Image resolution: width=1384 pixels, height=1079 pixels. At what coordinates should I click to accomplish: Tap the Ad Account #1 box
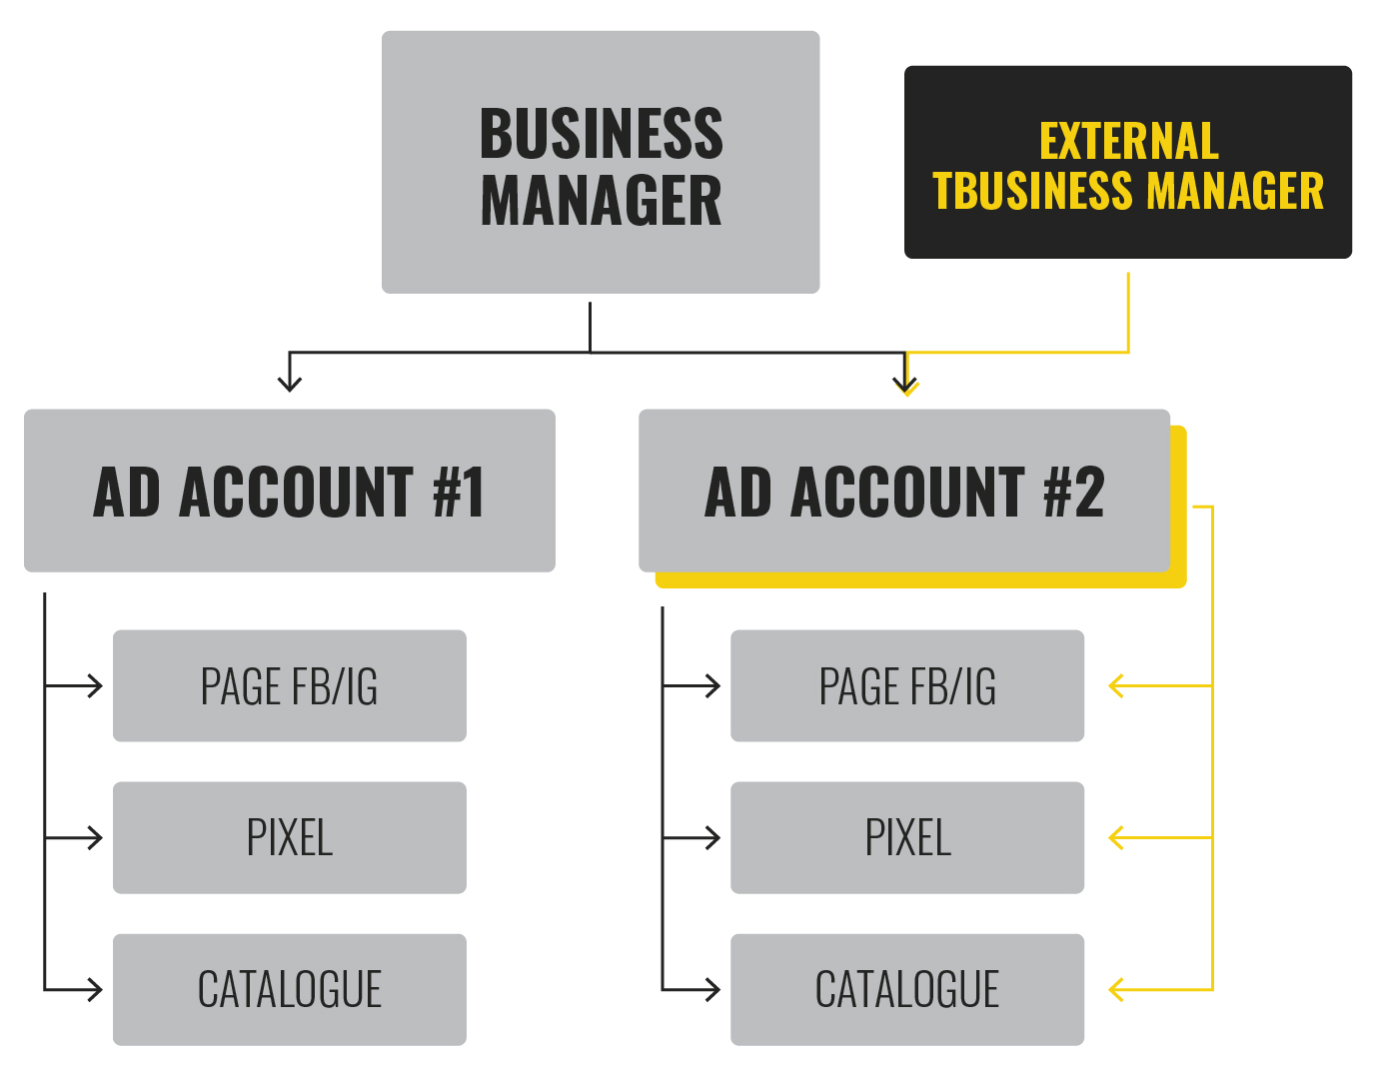(290, 491)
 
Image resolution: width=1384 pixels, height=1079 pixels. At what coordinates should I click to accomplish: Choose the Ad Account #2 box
(904, 491)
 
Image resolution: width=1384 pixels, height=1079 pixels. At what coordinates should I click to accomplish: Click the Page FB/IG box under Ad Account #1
(290, 686)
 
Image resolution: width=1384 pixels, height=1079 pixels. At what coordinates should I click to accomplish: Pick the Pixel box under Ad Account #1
(290, 838)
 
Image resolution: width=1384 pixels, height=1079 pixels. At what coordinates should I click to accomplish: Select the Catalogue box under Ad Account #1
(290, 990)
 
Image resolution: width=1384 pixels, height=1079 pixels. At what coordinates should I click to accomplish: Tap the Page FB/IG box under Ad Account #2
(907, 686)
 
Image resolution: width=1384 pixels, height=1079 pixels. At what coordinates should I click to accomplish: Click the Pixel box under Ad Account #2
(907, 838)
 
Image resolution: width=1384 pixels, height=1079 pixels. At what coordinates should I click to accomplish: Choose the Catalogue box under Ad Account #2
(907, 990)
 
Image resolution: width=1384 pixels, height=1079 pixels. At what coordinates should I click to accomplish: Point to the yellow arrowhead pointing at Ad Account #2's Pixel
(1117, 838)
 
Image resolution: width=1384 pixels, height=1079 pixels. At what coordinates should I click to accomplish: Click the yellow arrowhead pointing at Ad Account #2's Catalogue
(1117, 990)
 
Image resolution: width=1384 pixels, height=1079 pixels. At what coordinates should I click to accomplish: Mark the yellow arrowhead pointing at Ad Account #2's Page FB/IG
(1117, 686)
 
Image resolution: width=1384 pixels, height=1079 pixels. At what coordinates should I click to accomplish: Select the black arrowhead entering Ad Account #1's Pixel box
(96, 838)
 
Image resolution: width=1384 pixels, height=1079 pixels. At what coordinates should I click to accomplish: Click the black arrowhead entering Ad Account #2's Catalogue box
(713, 990)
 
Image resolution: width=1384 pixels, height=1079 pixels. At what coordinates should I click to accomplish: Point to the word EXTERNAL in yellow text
(1128, 141)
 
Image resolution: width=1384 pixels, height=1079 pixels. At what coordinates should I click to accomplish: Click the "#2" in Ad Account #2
(1074, 492)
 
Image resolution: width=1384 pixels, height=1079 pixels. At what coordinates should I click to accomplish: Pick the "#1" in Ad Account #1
(459, 492)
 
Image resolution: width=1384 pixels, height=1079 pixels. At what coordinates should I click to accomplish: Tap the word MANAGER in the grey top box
(601, 201)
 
